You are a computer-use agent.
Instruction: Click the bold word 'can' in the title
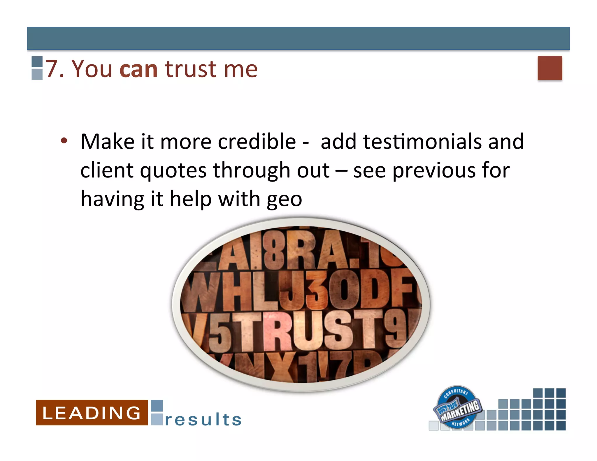tap(138, 70)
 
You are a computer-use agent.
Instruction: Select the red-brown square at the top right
tap(549, 68)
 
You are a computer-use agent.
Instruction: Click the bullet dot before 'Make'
tap(64, 141)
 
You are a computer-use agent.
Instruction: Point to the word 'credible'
tap(257, 142)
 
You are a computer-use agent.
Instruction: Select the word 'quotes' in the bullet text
tap(173, 171)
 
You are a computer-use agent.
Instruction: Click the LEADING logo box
tap(92, 413)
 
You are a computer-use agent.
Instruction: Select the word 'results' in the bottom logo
tap(203, 420)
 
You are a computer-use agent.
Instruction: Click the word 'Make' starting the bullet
tap(107, 142)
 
